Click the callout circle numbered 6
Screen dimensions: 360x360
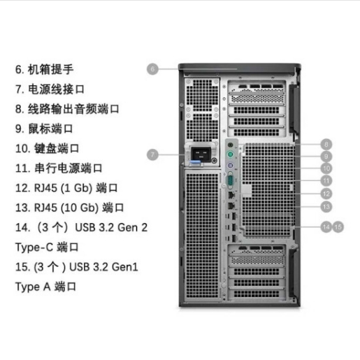(152, 69)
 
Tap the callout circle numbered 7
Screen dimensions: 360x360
(152, 154)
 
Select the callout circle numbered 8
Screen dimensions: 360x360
(326, 145)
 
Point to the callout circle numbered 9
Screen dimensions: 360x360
(326, 157)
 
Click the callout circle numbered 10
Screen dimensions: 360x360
(326, 168)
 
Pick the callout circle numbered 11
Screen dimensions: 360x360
(326, 180)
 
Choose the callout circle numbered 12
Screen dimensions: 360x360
(326, 194)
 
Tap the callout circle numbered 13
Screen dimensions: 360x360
(326, 206)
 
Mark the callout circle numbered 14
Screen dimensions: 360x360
(326, 227)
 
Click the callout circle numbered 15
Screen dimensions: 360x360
(338, 227)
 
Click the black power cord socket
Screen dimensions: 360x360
(201, 153)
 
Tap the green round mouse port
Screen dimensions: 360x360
(230, 154)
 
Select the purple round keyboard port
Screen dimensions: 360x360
(230, 166)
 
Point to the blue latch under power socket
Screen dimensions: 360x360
(196, 163)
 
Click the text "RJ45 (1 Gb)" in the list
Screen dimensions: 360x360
(63, 188)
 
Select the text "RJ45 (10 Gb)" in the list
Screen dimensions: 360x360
(66, 208)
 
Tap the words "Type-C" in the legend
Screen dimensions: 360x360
(34, 247)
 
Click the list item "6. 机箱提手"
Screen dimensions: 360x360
(44, 69)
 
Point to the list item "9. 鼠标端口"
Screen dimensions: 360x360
(44, 129)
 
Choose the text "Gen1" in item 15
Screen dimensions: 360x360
(125, 267)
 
